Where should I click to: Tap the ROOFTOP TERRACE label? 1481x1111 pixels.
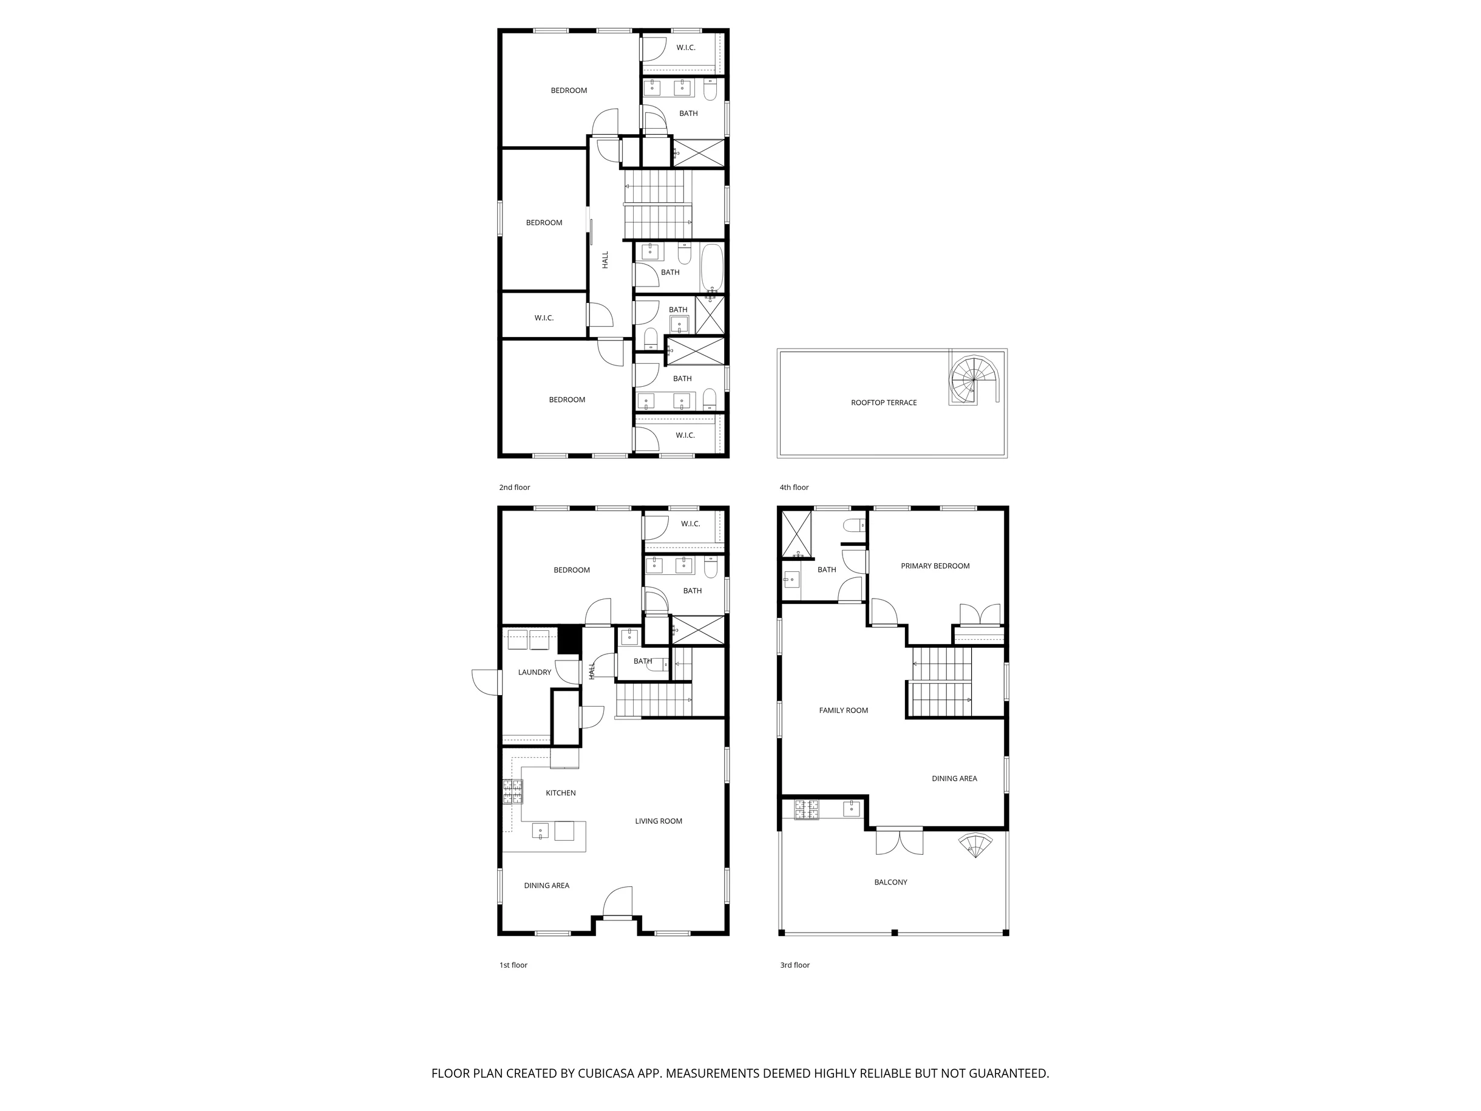click(884, 403)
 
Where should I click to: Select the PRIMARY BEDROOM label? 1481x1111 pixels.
click(935, 566)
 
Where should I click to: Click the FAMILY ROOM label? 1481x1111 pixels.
click(843, 710)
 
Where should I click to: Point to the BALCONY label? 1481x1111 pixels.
click(890, 882)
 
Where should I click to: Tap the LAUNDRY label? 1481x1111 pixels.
click(534, 672)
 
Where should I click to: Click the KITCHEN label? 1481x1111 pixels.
click(560, 793)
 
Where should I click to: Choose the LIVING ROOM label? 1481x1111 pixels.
click(658, 821)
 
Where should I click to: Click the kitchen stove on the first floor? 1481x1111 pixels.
click(513, 792)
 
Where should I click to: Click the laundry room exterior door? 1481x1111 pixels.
click(487, 682)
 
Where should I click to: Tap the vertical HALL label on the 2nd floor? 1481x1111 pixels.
click(605, 260)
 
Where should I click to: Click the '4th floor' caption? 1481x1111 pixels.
click(794, 488)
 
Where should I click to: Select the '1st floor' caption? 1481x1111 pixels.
click(513, 965)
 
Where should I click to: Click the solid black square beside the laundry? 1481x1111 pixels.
click(569, 639)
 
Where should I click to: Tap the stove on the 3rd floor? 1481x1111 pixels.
click(806, 810)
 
